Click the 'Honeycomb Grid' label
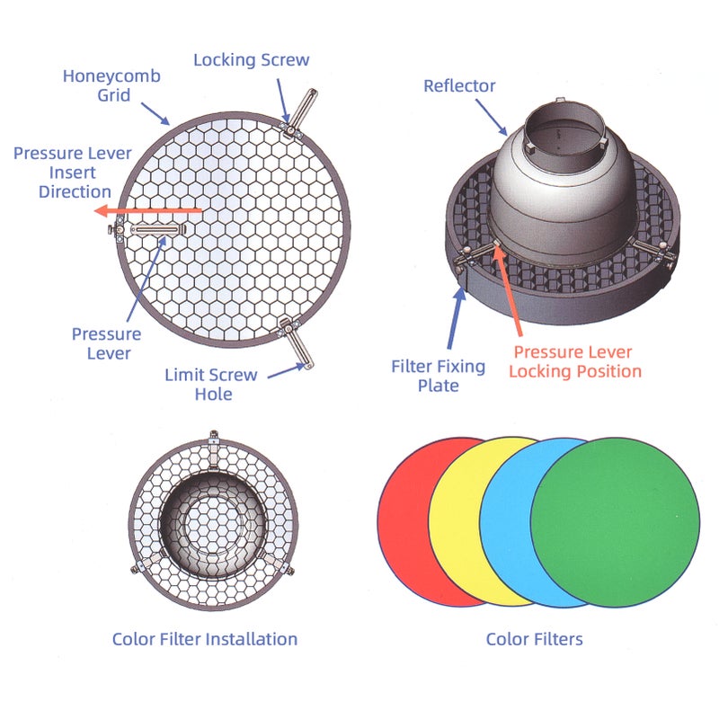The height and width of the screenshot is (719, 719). point(111,84)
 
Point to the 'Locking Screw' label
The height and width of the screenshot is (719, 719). point(252,60)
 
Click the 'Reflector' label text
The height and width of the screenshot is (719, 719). point(459,85)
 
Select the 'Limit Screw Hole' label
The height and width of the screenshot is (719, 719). point(210,384)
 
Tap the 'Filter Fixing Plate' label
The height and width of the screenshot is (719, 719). point(438,376)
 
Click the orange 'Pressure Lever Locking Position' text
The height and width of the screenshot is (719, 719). point(575,361)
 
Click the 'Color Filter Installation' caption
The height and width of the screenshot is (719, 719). point(205,639)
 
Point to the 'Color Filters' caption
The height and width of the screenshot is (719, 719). point(534,639)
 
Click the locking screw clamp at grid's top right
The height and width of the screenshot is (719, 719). point(297,117)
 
